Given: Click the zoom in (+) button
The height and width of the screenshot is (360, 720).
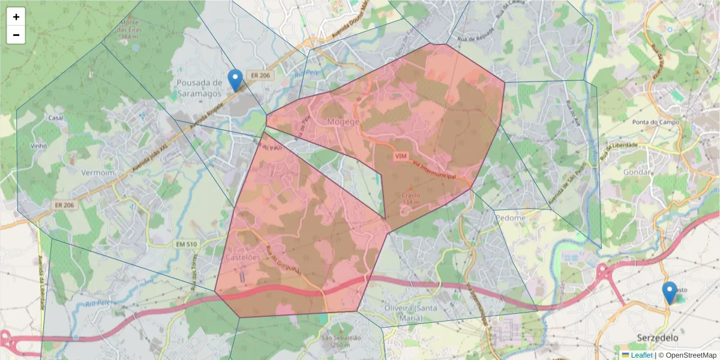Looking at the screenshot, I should (16, 17).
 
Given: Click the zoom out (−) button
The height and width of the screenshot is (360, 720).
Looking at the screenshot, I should (16, 35).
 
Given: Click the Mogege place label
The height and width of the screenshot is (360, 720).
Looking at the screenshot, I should (343, 122).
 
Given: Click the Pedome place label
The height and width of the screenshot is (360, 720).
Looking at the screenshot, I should (511, 218).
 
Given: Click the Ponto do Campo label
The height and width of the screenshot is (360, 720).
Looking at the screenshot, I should (656, 122).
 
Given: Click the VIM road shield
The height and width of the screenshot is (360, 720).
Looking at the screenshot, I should (401, 156).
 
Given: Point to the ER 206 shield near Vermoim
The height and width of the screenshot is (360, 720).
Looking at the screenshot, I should (64, 205).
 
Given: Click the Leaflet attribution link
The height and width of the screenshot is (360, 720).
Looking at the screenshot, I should (641, 355).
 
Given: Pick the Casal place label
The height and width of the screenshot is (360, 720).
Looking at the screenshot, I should (56, 118).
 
